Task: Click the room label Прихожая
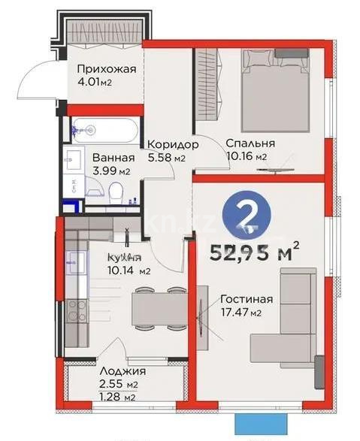[x=107, y=70]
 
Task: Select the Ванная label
[x=113, y=158]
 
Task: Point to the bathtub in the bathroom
[x=104, y=131]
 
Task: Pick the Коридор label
[x=173, y=144]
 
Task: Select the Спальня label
[x=250, y=143]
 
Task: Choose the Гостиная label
[x=247, y=299]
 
